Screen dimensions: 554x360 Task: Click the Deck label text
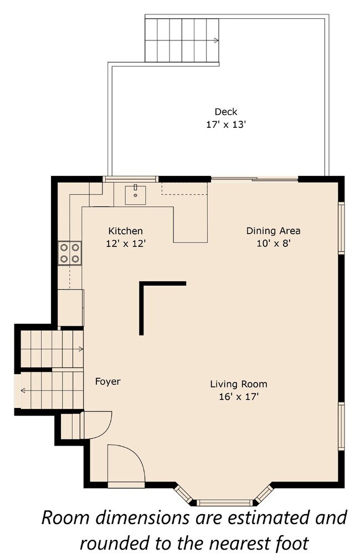pyautogui.click(x=225, y=112)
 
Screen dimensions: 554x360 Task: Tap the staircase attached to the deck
pyautogui.click(x=182, y=40)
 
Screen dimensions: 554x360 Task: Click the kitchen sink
pyautogui.click(x=135, y=194)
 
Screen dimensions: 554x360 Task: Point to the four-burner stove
pyautogui.click(x=70, y=253)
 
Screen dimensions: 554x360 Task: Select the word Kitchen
pyautogui.click(x=125, y=231)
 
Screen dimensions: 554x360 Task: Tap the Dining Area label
pyautogui.click(x=273, y=231)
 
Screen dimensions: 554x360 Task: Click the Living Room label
pyautogui.click(x=238, y=384)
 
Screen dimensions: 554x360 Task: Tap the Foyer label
pyautogui.click(x=107, y=381)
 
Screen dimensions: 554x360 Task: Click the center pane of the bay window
pyautogui.click(x=224, y=503)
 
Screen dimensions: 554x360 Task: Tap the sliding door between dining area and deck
pyautogui.click(x=254, y=179)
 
